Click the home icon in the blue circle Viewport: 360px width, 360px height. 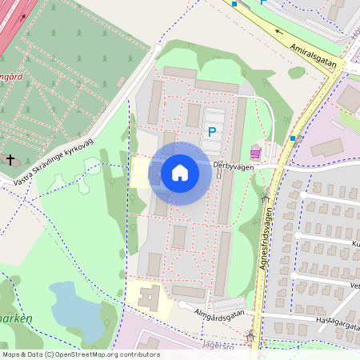pos(180,173)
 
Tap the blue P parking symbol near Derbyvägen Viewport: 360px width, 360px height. pos(212,132)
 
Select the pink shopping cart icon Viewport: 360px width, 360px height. pos(255,152)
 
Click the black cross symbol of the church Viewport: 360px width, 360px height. pos(10,160)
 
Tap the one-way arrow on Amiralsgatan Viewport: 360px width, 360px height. pos(280,34)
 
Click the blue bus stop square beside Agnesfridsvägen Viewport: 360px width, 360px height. pos(293,138)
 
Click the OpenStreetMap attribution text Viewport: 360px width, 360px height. pos(80,354)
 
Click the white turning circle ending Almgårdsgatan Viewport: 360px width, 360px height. pos(183,306)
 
